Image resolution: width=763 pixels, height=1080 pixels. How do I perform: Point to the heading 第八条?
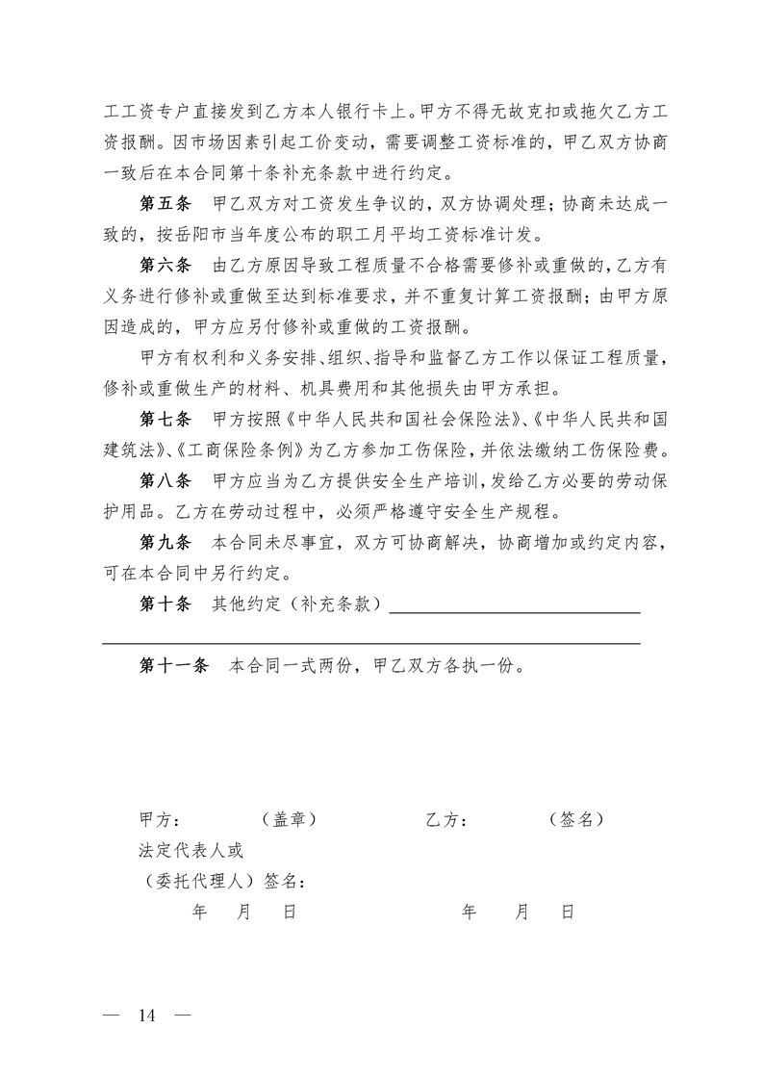tap(166, 481)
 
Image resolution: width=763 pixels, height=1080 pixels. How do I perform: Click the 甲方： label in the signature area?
tap(161, 820)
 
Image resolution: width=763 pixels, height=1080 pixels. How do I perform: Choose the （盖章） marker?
tap(290, 820)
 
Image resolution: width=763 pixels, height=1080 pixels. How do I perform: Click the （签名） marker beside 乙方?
tap(576, 820)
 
